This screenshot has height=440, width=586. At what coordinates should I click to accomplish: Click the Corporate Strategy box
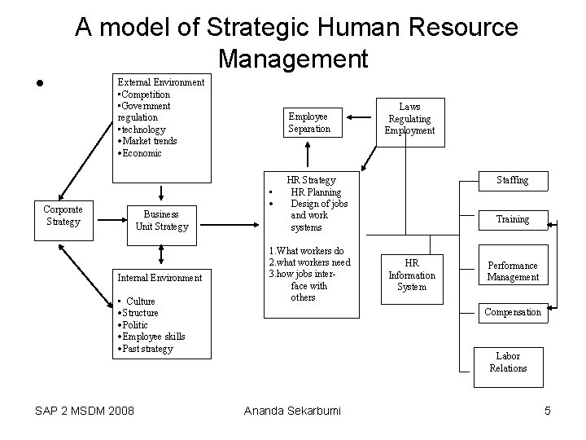[63, 216]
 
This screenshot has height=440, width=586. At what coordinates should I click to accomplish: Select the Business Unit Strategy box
[162, 221]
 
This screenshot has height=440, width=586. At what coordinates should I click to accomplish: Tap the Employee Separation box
[309, 122]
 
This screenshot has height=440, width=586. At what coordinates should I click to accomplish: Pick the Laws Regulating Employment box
[411, 119]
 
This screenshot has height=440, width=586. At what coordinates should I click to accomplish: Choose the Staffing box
[513, 180]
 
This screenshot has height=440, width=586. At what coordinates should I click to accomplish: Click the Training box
[513, 219]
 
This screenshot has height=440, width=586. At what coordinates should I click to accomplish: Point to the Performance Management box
[513, 271]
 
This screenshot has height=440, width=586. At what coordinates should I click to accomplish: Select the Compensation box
[513, 312]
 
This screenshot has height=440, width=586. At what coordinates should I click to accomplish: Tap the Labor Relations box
[508, 363]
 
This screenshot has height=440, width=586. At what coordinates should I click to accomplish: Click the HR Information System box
[411, 275]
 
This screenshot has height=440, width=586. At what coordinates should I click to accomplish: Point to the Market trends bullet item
[149, 141]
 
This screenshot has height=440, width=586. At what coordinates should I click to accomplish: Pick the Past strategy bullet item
[147, 349]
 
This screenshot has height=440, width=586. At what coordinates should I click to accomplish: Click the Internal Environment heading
[160, 278]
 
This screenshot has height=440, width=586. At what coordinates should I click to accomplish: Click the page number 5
[548, 411]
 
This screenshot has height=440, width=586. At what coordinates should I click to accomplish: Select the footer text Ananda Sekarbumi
[293, 411]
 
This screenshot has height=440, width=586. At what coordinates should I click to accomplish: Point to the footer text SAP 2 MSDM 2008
[85, 410]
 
